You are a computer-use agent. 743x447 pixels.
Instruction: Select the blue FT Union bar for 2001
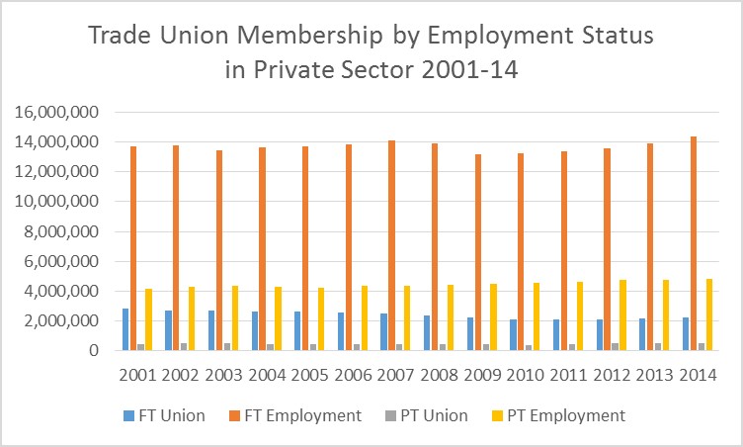point(125,329)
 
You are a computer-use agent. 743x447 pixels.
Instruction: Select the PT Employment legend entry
point(562,415)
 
